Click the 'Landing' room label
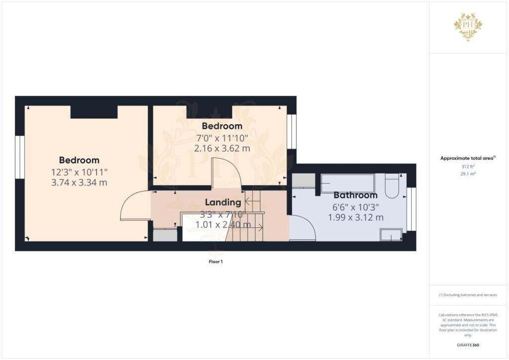(x=223, y=202)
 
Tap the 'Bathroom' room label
(x=355, y=195)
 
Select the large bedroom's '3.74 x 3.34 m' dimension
(x=79, y=182)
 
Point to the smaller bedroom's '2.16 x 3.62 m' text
(x=222, y=148)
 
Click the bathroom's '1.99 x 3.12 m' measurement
(x=355, y=217)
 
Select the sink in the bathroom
(x=391, y=235)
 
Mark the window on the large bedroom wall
(x=19, y=157)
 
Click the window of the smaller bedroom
(x=292, y=131)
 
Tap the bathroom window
(x=411, y=209)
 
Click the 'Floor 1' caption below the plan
(x=215, y=261)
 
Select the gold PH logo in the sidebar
(x=468, y=26)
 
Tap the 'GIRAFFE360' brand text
(x=468, y=345)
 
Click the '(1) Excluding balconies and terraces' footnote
(x=468, y=295)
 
